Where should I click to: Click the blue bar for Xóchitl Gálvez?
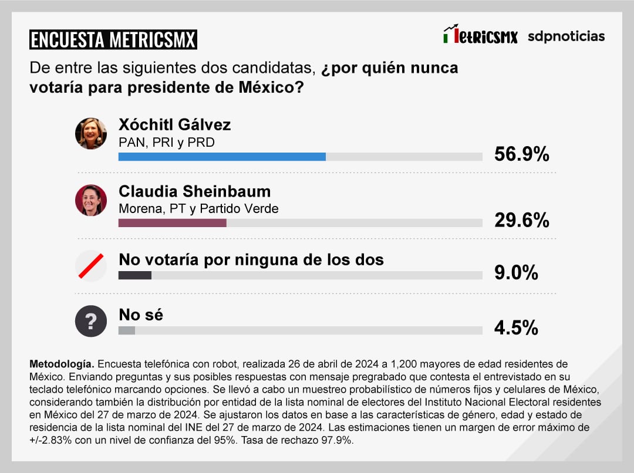pyautogui.click(x=222, y=157)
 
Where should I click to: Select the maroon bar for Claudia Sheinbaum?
pyautogui.click(x=173, y=223)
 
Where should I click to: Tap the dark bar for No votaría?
pyautogui.click(x=135, y=275)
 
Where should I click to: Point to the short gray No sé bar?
pyautogui.click(x=127, y=330)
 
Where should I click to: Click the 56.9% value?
pyautogui.click(x=521, y=154)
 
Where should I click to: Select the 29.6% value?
pyautogui.click(x=521, y=221)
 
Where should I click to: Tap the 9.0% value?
pyautogui.click(x=516, y=273)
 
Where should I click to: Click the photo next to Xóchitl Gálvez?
pyautogui.click(x=91, y=134)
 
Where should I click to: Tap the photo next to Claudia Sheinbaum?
pyautogui.click(x=91, y=200)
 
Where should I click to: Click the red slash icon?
pyautogui.click(x=91, y=266)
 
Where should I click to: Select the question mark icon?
pyautogui.click(x=91, y=321)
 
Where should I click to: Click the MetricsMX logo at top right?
pyautogui.click(x=480, y=35)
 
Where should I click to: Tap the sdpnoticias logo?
pyautogui.click(x=566, y=36)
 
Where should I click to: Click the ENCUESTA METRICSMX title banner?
pyautogui.click(x=113, y=40)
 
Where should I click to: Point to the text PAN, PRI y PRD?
pyautogui.click(x=167, y=143)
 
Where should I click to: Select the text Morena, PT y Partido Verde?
pyautogui.click(x=198, y=209)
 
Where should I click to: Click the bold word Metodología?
pyautogui.click(x=61, y=364)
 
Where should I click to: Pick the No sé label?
pyautogui.click(x=141, y=315)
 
